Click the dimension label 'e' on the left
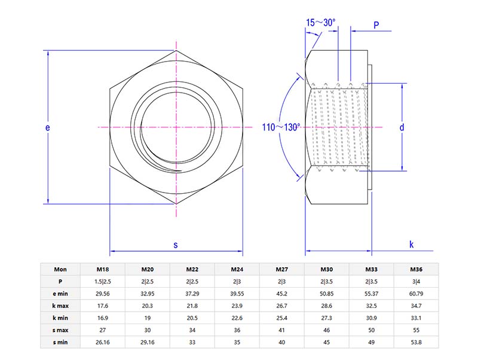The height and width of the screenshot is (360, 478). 47,127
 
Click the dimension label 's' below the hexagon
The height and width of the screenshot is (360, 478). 176,245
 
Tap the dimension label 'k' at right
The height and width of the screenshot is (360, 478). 412,244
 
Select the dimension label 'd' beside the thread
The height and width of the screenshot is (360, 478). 402,127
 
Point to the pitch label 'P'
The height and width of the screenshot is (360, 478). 376,25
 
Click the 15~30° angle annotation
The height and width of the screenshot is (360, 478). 321,22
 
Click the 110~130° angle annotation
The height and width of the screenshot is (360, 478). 281,127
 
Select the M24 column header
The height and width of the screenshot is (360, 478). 237,269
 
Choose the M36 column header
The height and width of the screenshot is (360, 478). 416,269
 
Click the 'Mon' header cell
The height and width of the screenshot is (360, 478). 60,269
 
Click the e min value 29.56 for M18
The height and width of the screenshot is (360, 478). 103,293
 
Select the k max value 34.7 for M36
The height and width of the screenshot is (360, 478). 416,305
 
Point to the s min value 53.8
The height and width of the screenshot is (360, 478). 416,341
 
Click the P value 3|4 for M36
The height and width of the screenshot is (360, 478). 416,281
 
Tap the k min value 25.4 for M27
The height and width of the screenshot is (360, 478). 282,318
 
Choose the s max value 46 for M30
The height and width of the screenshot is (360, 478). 327,330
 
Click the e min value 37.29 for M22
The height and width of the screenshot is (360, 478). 192,293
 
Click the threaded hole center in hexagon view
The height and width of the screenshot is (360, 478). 176,127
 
